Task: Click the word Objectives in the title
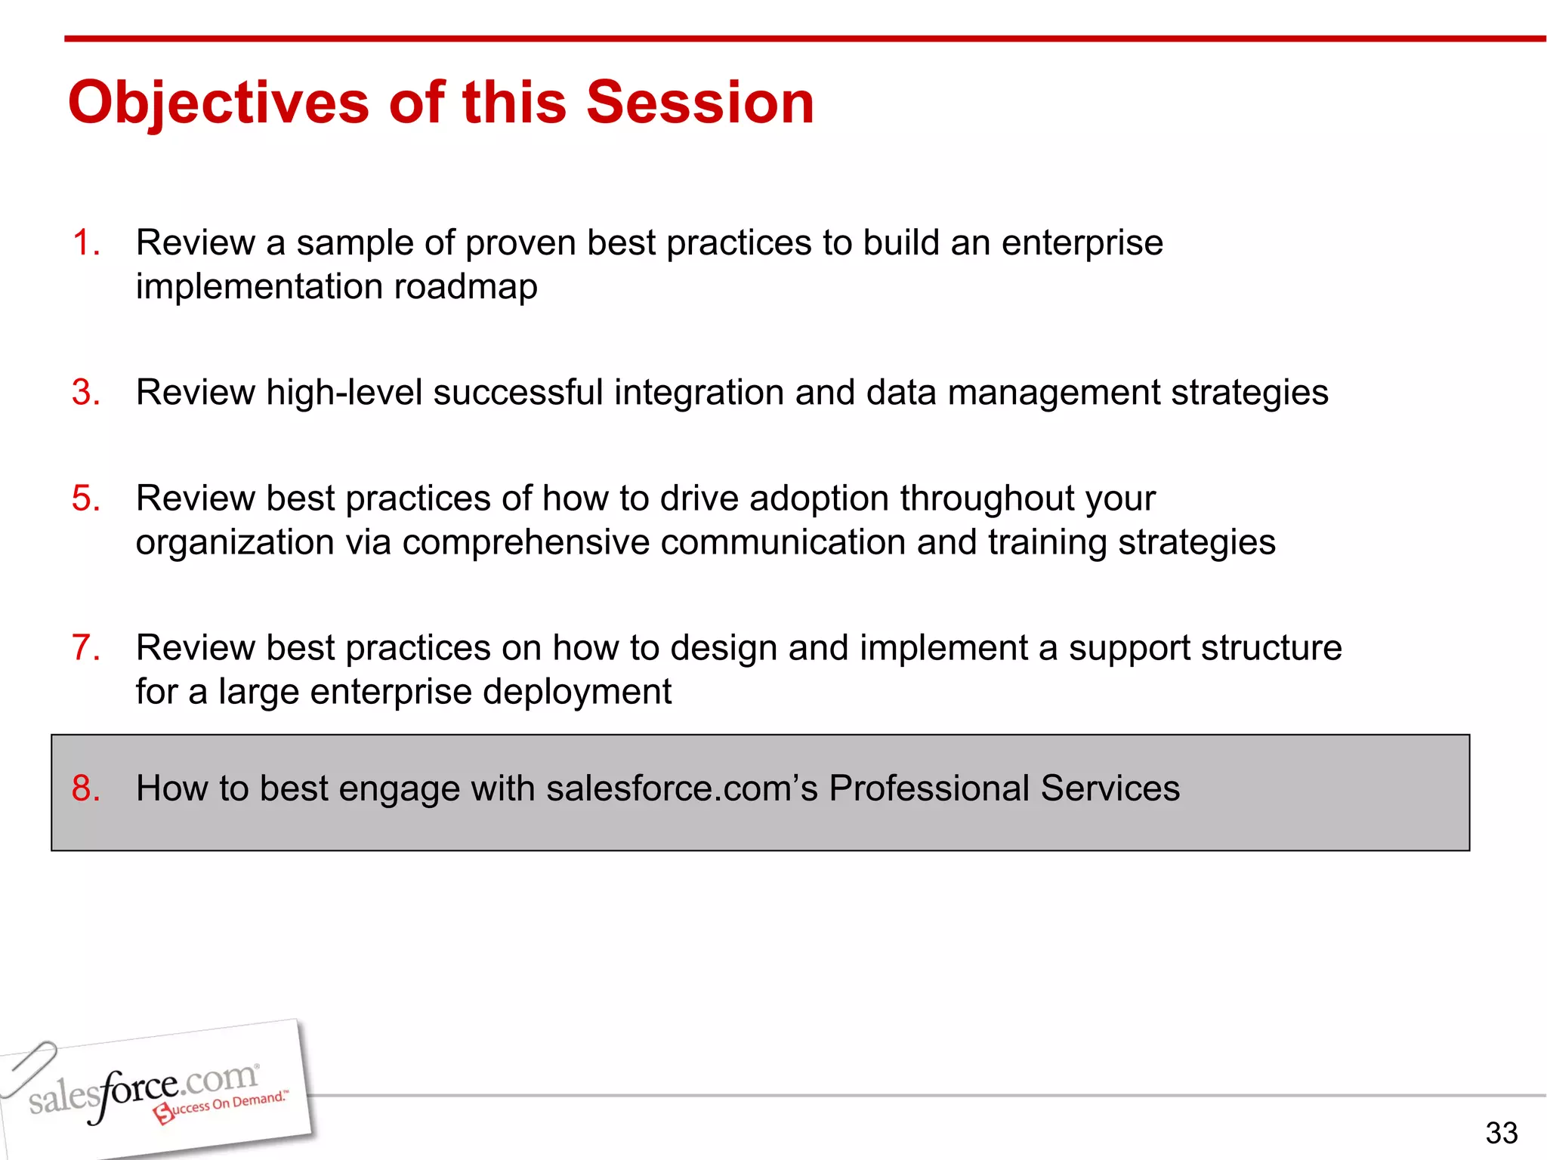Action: (219, 103)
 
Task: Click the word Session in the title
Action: (700, 103)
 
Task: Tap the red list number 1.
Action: (85, 243)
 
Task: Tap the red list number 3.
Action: (85, 393)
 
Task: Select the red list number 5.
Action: (85, 498)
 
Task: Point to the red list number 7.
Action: (85, 648)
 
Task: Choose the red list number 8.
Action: (85, 788)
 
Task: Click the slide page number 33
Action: (1501, 1133)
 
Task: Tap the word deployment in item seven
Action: (577, 692)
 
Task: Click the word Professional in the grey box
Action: (929, 788)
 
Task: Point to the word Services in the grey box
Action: (1110, 788)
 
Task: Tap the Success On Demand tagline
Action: (223, 1106)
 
